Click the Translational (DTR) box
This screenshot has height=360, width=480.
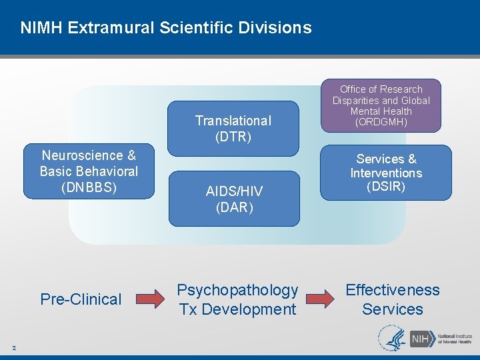coord(233,128)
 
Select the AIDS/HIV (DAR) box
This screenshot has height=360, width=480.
coord(234,199)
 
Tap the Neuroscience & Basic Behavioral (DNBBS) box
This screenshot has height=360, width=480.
coord(89,171)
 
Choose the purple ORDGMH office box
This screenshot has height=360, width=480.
coord(381,106)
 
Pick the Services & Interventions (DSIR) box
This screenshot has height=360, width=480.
coord(385,173)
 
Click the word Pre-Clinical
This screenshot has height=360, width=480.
coord(81,299)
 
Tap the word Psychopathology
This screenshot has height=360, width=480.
coord(237,290)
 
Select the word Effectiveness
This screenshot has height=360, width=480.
coord(393,290)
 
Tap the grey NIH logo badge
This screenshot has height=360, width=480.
coord(420,339)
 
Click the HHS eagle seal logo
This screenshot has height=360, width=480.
coord(392,338)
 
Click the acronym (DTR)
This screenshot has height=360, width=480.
coord(233,137)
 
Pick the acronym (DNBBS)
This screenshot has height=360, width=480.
coord(89,187)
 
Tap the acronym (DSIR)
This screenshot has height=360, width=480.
coord(386,187)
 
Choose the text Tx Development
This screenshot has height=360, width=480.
coord(237,309)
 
